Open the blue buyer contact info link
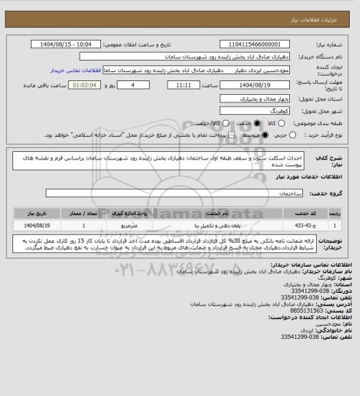tap(76, 70)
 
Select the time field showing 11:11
tap(183, 85)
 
